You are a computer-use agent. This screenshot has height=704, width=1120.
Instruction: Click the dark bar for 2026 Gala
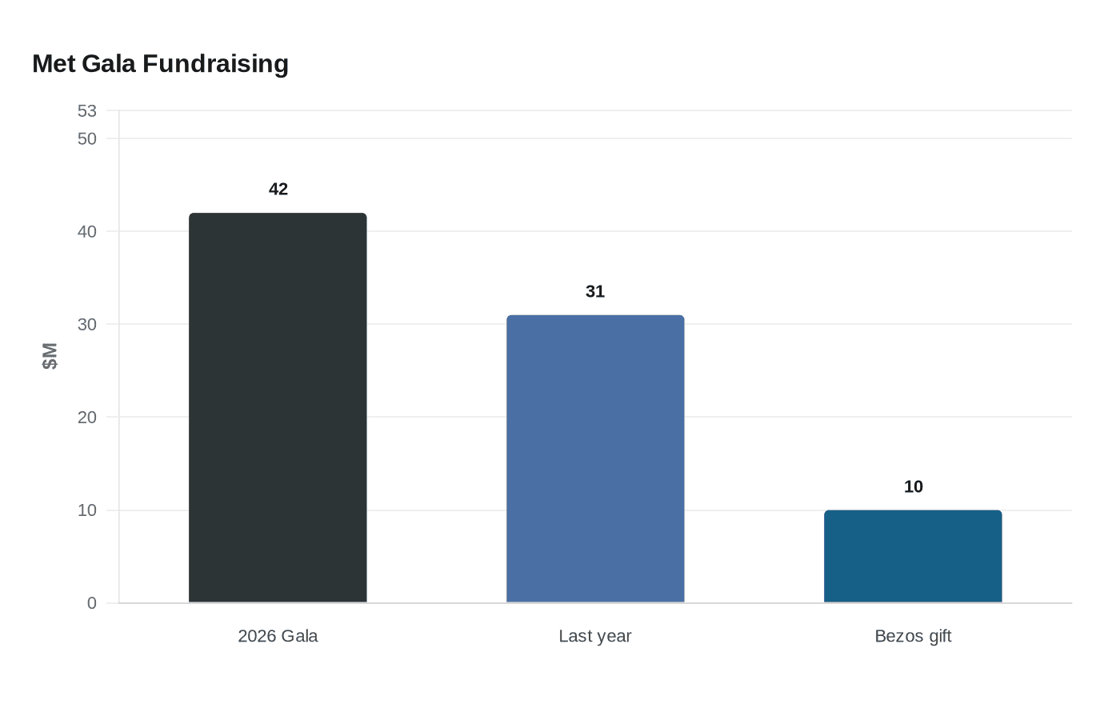(x=278, y=407)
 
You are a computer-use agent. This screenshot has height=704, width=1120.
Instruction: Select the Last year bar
(x=595, y=458)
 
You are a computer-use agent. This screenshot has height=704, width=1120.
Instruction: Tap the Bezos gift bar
(x=913, y=556)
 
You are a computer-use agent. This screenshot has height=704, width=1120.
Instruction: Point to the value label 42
(x=278, y=189)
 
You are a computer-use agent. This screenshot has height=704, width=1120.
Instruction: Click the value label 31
(x=595, y=291)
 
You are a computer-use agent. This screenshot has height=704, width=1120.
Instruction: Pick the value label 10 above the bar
(x=914, y=486)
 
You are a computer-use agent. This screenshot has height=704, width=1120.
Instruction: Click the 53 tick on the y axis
(x=87, y=111)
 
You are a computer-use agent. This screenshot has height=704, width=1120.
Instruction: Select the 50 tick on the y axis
(x=87, y=139)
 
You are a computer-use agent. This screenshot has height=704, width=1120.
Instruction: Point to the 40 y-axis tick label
(x=87, y=232)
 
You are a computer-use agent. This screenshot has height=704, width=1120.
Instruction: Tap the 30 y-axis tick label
(x=87, y=325)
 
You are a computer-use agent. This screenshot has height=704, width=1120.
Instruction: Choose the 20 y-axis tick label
(x=87, y=418)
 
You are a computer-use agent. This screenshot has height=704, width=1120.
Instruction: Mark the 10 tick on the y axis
(x=87, y=510)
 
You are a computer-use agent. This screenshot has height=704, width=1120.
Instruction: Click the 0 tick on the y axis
(x=92, y=603)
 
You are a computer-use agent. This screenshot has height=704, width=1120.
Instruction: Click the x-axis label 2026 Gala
(x=278, y=636)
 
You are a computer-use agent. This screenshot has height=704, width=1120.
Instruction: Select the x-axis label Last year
(x=595, y=636)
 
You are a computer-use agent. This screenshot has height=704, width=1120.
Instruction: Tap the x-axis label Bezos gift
(x=913, y=636)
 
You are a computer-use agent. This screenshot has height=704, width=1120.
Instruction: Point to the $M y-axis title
(x=50, y=356)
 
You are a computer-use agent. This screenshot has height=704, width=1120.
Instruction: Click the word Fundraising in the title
(x=215, y=64)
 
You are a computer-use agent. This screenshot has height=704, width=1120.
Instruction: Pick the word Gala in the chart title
(x=109, y=64)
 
